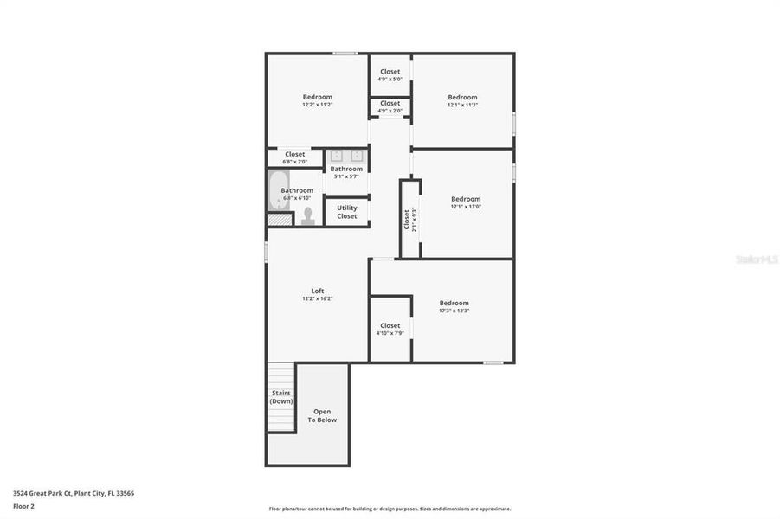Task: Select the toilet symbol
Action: coord(307,215)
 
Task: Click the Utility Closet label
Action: coord(346,212)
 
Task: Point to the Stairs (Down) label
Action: coord(280,397)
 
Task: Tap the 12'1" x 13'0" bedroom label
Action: coord(465,202)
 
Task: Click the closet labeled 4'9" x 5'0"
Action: coord(390,74)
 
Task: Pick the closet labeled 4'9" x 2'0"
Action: coord(390,106)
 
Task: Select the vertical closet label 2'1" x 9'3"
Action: coord(409,219)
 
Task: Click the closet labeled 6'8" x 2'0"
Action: coord(295,157)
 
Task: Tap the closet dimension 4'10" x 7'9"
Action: coord(390,329)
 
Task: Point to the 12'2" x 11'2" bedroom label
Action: coord(317,100)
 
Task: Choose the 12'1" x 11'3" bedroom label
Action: coord(462,100)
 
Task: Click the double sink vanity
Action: coord(346,156)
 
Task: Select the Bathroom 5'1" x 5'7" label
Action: coord(346,172)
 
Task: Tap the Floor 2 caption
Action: coord(24,508)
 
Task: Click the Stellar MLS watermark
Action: coord(756,259)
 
